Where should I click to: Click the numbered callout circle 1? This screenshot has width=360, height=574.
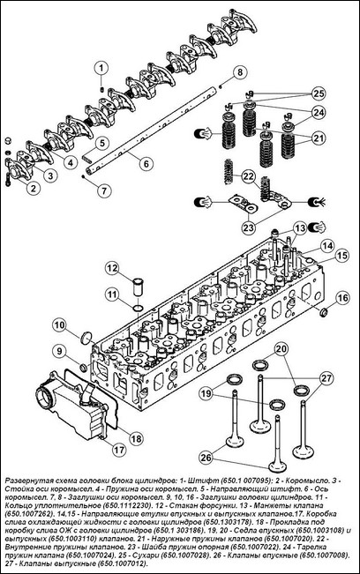pos(101,69)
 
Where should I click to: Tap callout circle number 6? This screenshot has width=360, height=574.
pos(146,163)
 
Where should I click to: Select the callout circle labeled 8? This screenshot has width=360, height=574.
pos(239,71)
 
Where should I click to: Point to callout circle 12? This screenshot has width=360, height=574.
pos(113,268)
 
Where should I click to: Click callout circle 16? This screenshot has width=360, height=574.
pos(342,298)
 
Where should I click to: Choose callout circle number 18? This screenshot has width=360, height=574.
pos(136,438)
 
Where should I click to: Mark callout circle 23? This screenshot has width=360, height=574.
pos(249,227)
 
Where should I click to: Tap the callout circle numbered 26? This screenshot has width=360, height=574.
pos(206,458)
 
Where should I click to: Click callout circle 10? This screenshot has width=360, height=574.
pos(60,324)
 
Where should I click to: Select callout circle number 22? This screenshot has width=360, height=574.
pos(249,176)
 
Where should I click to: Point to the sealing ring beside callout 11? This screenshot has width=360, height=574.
pos(138,309)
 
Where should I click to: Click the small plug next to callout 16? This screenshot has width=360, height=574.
pos(324,313)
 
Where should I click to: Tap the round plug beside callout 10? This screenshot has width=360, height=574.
pos(86,338)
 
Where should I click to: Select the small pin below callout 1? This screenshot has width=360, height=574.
pos(102,89)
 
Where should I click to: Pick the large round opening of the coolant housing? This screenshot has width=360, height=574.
pos(46,397)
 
